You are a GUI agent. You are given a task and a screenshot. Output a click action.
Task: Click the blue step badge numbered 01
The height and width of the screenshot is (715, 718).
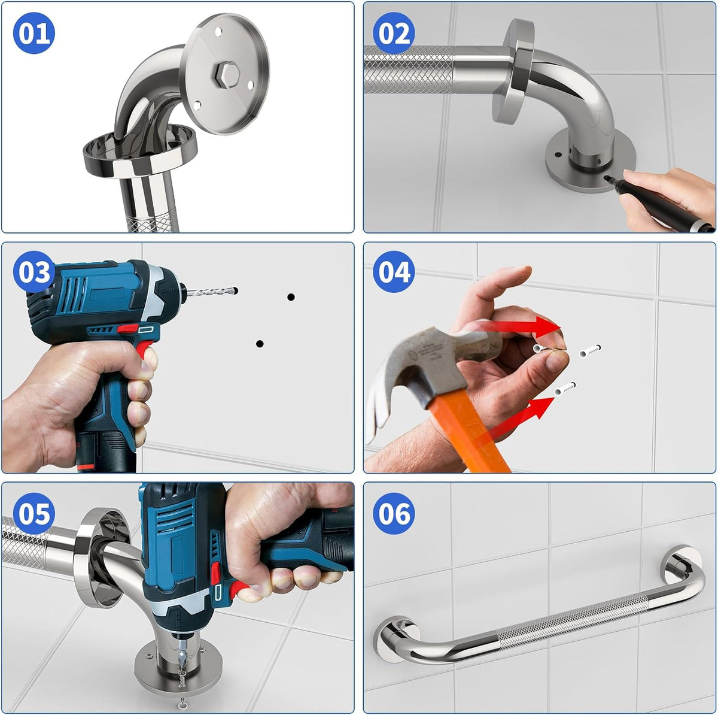click(34, 33)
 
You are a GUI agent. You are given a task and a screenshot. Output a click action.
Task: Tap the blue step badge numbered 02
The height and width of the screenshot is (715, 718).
click(394, 33)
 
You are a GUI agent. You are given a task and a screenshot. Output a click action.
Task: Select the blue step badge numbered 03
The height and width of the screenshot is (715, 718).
click(34, 271)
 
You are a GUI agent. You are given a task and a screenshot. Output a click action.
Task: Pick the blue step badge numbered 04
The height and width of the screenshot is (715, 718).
click(394, 271)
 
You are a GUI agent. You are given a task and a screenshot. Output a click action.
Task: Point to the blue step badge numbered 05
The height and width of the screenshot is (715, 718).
click(34, 514)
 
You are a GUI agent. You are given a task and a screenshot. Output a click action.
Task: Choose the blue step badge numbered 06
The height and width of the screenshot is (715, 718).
click(394, 514)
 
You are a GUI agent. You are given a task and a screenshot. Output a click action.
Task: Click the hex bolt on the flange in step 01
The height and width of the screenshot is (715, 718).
click(226, 75)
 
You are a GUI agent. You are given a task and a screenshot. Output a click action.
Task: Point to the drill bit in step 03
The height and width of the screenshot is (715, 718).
click(211, 291)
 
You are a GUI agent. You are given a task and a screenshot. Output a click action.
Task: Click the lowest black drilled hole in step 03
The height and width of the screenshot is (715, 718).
click(260, 344)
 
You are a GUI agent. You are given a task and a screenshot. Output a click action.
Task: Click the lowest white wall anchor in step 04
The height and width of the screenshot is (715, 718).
click(565, 389)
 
